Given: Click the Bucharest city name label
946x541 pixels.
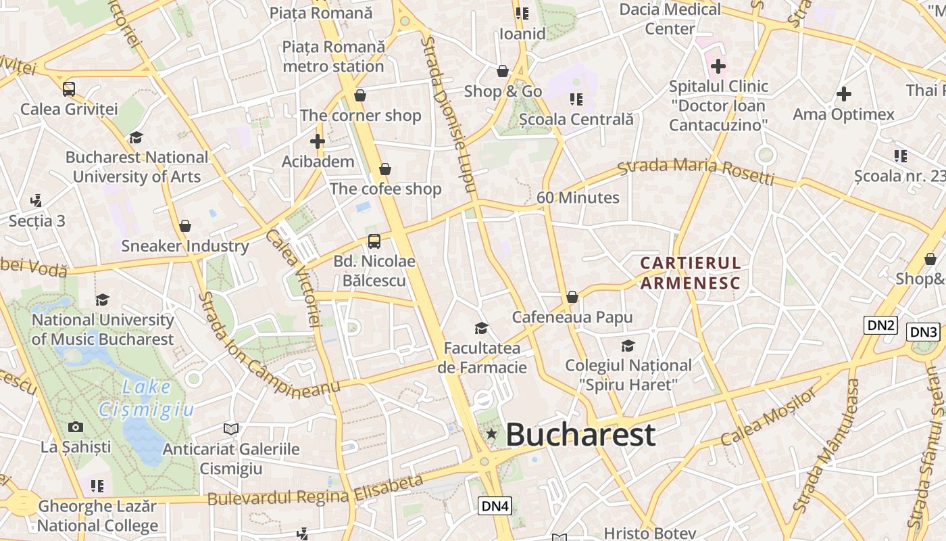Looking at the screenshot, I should click(580, 435).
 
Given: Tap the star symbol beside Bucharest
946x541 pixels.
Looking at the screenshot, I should click(492, 434).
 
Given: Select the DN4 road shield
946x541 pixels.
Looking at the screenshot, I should click(495, 505).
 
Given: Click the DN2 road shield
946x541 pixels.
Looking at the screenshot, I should click(880, 325).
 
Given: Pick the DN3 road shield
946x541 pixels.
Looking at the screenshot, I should click(923, 332).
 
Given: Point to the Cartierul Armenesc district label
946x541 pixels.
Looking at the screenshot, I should click(690, 273).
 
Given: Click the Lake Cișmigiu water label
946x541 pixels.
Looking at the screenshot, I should click(147, 398).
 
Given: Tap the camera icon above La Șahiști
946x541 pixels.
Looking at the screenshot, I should click(76, 427).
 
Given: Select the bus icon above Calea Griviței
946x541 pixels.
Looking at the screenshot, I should click(69, 89).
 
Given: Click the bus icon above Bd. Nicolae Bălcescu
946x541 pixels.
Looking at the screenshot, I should click(374, 241).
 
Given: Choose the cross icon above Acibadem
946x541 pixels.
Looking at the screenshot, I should click(318, 141).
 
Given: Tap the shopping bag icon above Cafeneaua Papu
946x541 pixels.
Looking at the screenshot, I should click(572, 297).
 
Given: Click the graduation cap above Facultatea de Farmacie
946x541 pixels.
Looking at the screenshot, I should click(481, 328).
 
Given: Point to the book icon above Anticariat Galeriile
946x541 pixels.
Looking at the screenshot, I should click(231, 429).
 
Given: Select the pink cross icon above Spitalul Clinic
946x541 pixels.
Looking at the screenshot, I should click(718, 66).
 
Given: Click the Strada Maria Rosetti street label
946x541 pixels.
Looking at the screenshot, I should click(696, 169).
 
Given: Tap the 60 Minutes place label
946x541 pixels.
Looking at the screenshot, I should click(578, 197).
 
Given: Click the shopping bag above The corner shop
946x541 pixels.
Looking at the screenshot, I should click(360, 95).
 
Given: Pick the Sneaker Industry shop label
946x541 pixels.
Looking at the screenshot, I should click(185, 246).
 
